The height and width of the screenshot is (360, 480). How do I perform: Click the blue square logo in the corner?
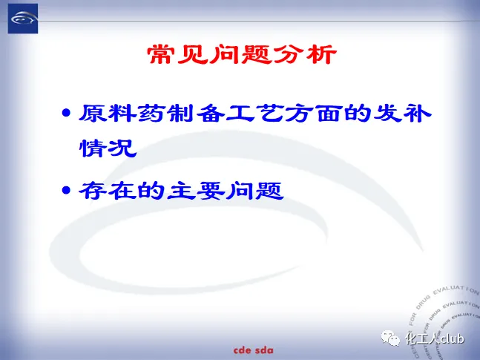coord(23,19)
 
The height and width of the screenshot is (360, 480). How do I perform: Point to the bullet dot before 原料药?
coord(66,113)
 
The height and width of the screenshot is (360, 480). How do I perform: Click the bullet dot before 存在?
coord(66,190)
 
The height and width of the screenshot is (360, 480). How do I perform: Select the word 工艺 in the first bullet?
coord(254,114)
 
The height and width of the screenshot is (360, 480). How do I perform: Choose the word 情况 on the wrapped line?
coord(108,148)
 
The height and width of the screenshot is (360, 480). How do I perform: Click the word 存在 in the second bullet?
coord(107,191)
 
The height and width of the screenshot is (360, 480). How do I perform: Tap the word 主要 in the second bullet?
coord(195,191)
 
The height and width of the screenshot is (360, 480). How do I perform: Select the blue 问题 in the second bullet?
coord(254,191)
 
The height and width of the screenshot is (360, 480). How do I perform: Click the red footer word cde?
coord(242,350)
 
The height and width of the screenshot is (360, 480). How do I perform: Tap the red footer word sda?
coord(264,350)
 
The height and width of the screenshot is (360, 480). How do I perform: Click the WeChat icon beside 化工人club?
coord(390,338)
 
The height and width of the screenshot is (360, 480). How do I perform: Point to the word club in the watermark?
coord(451,338)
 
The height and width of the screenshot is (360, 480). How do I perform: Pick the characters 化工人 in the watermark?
coord(421,338)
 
